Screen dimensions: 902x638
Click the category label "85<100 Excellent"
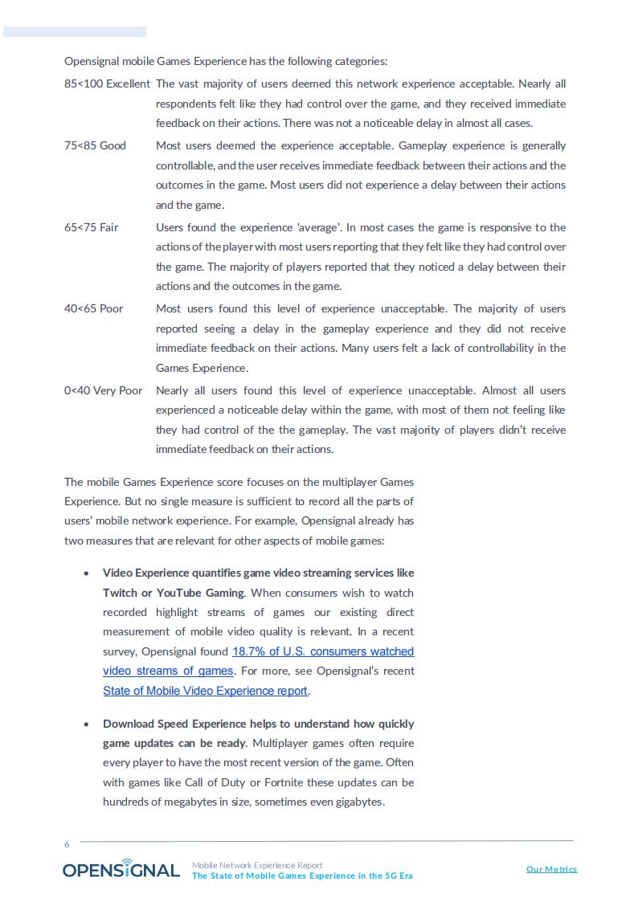point(107,84)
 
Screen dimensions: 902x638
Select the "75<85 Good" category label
point(95,145)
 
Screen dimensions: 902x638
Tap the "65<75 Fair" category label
point(91,227)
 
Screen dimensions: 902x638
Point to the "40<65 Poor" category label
point(93,308)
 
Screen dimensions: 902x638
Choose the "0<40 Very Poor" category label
point(103,390)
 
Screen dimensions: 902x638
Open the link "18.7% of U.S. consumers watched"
point(323,651)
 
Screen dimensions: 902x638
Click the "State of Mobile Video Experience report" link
point(205,691)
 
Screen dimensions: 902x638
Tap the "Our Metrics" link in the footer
point(551,869)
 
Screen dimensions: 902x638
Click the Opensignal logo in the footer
point(121,869)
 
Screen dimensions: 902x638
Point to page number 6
point(67,844)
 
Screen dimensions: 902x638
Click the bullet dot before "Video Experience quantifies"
point(86,573)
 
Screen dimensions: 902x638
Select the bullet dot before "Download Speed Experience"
point(86,724)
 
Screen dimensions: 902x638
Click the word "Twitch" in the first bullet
point(120,593)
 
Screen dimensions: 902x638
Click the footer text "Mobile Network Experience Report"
point(257,865)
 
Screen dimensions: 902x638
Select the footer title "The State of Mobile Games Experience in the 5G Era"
point(302,875)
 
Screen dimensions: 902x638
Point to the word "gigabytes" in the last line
point(358,802)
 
